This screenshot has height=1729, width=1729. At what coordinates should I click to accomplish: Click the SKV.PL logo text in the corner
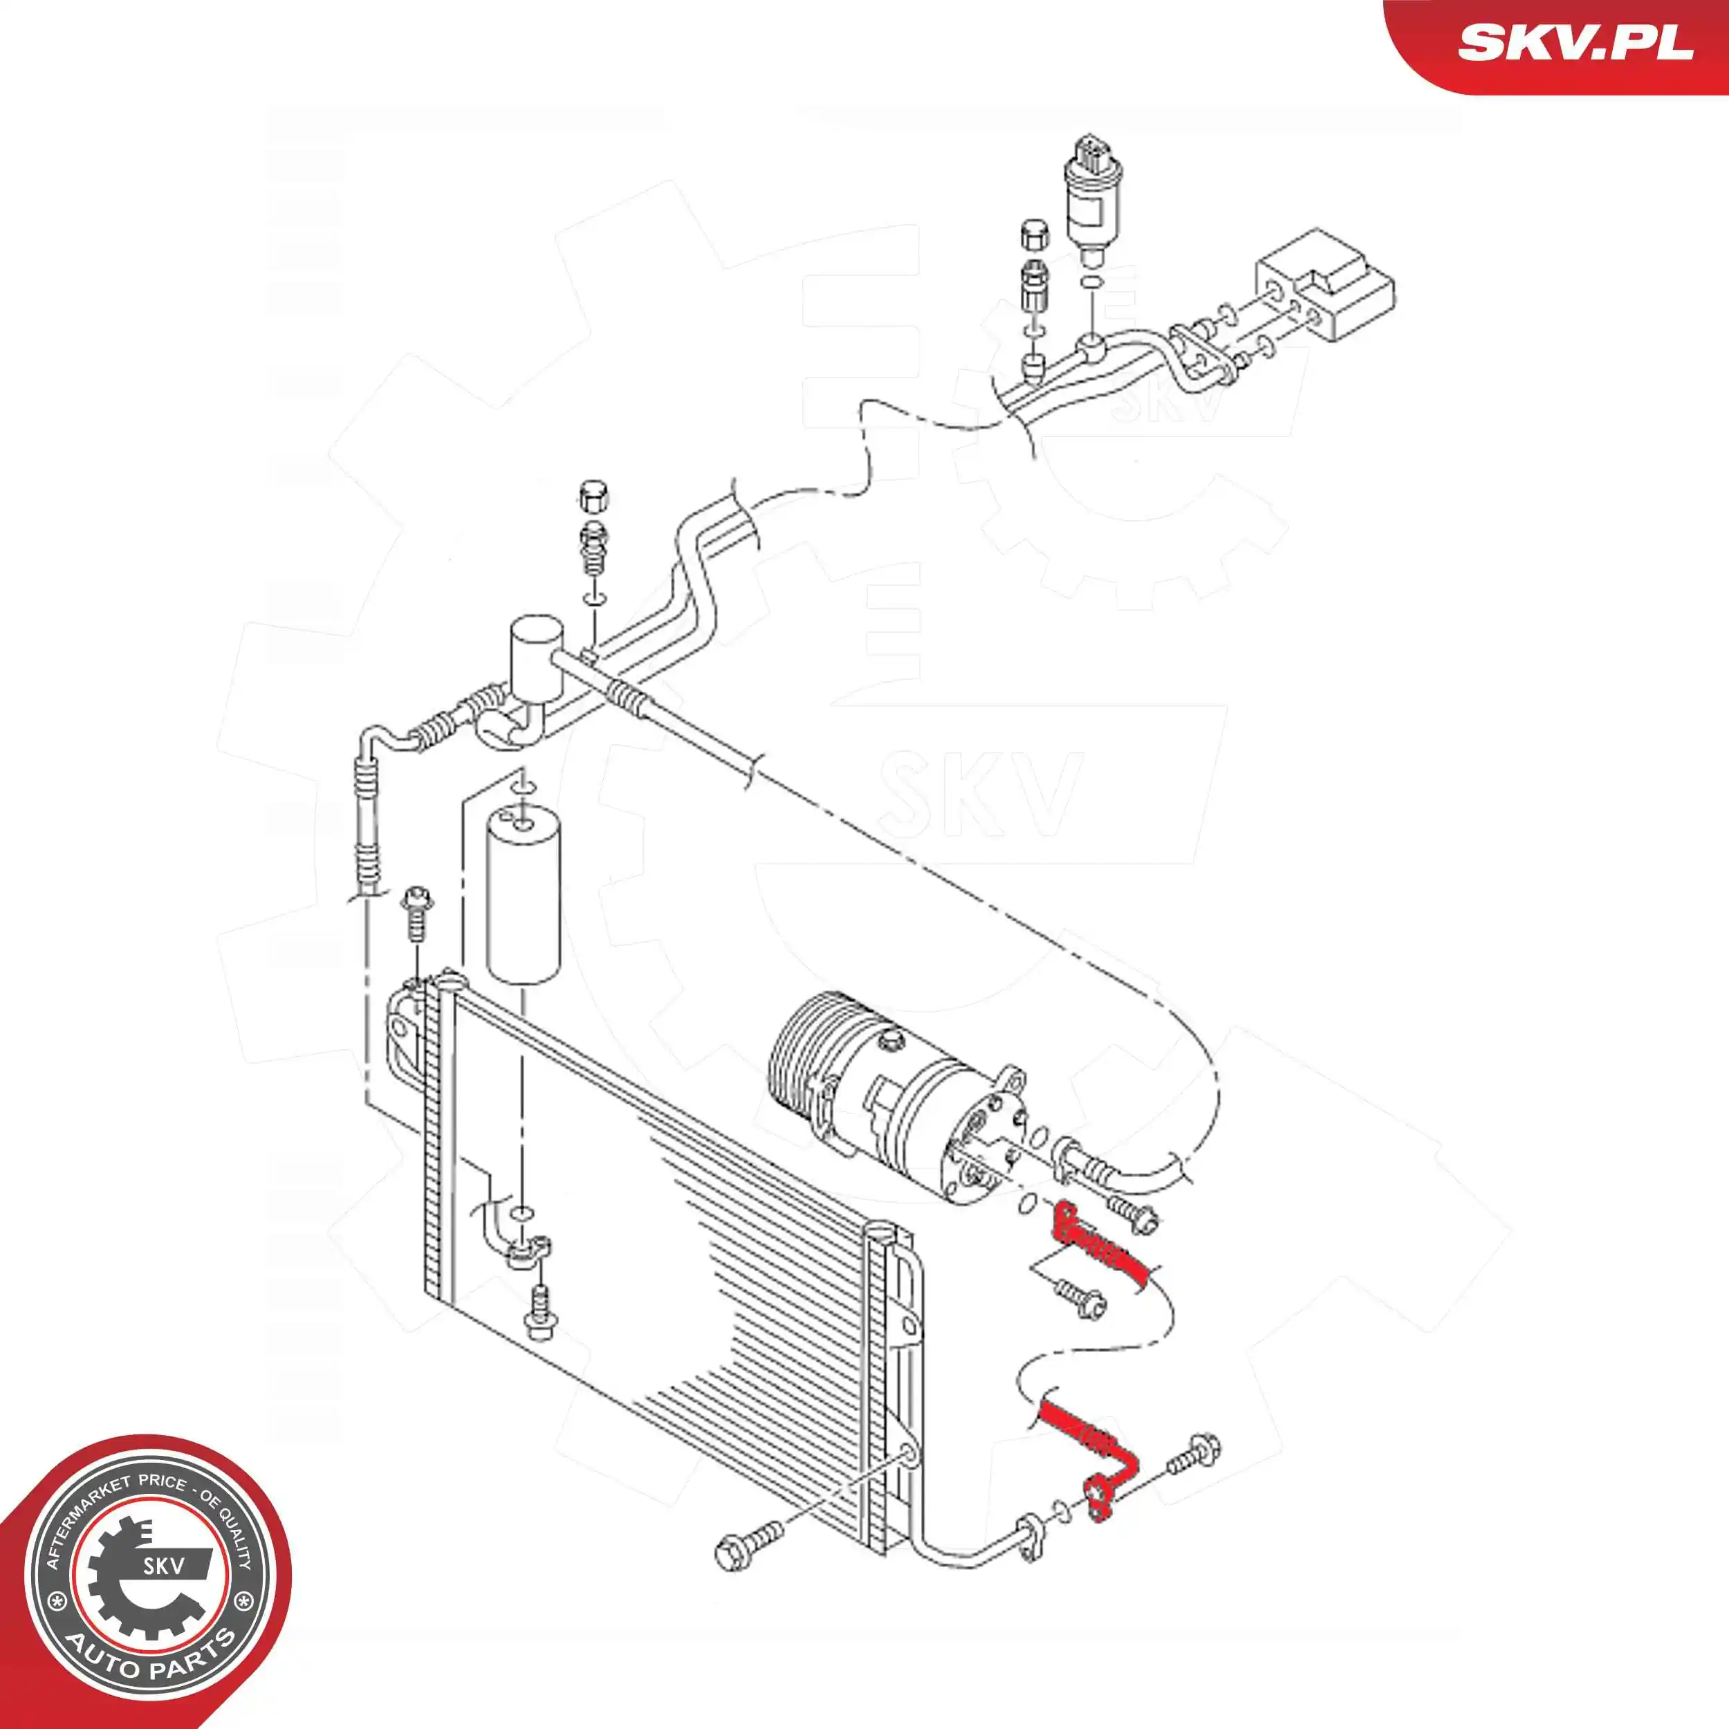1575,42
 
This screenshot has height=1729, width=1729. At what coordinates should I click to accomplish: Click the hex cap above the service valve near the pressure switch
1034,235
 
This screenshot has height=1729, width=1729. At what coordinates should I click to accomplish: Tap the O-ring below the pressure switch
1090,284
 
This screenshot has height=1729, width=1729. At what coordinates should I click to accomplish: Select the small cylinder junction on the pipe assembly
535,658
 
